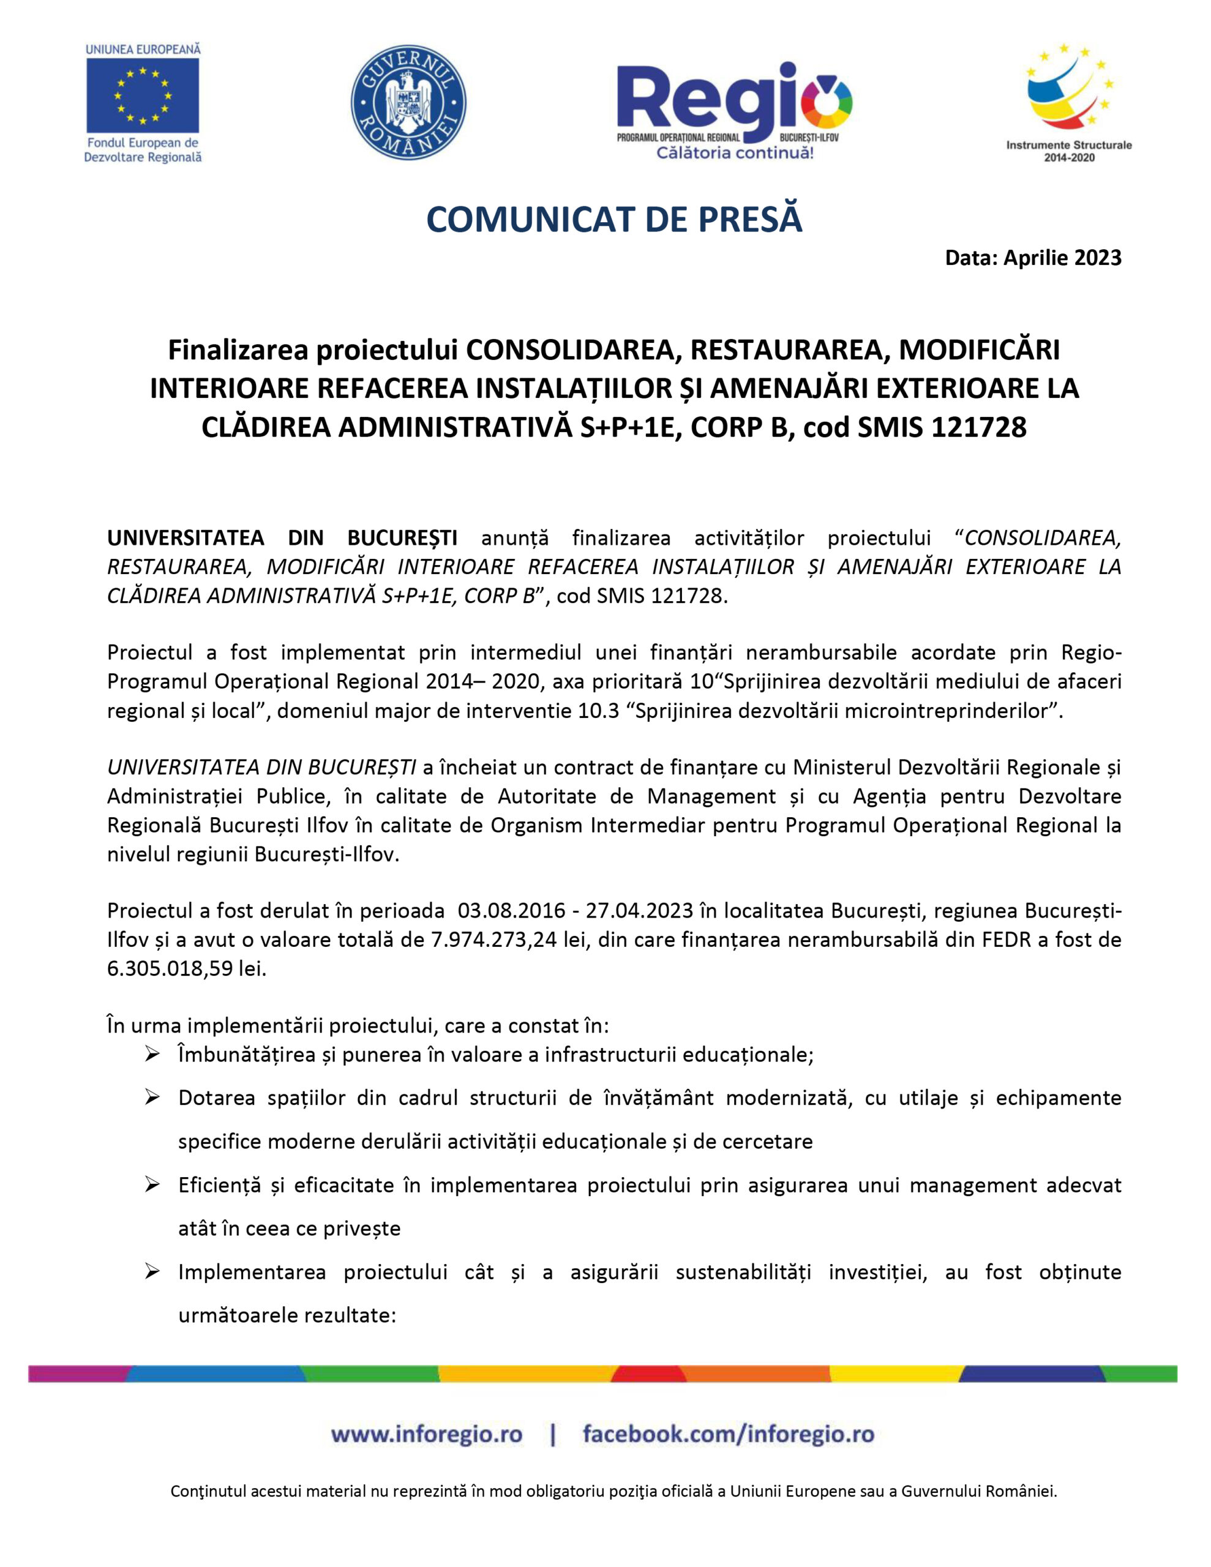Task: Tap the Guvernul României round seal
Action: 408,103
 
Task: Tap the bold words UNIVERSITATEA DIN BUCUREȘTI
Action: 282,537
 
